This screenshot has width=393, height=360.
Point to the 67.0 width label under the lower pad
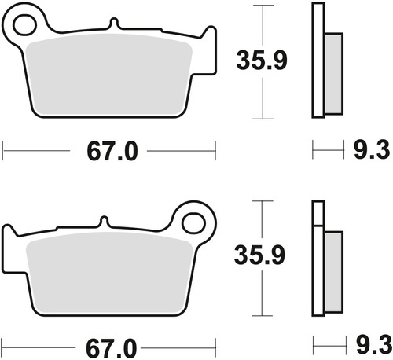point(109,345)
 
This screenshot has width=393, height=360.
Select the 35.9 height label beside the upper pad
point(259,58)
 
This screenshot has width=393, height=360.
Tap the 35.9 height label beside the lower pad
point(259,255)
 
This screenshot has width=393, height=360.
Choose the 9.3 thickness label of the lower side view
point(370,345)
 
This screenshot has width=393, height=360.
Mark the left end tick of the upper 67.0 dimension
point(4,147)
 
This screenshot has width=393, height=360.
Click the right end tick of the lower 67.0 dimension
point(215,345)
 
